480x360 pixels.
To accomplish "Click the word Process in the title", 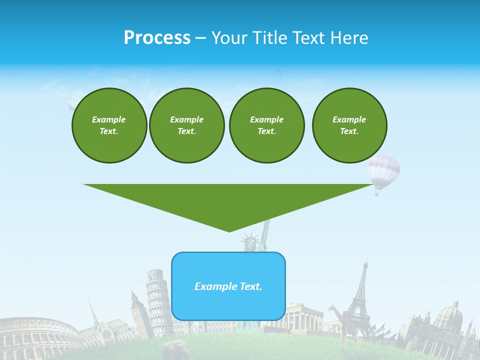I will (x=157, y=38).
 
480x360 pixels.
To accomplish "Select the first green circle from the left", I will (x=109, y=125).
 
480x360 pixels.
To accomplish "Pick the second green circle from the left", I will (x=186, y=125).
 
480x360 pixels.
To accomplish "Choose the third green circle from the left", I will (x=266, y=125).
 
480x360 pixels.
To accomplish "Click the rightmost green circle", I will (x=349, y=125).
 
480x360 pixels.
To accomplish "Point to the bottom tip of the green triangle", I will (x=229, y=230).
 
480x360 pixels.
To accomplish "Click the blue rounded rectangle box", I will (x=228, y=286).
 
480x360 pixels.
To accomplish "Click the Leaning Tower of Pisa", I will (x=157, y=300).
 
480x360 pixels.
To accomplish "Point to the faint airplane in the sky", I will (x=281, y=71).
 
